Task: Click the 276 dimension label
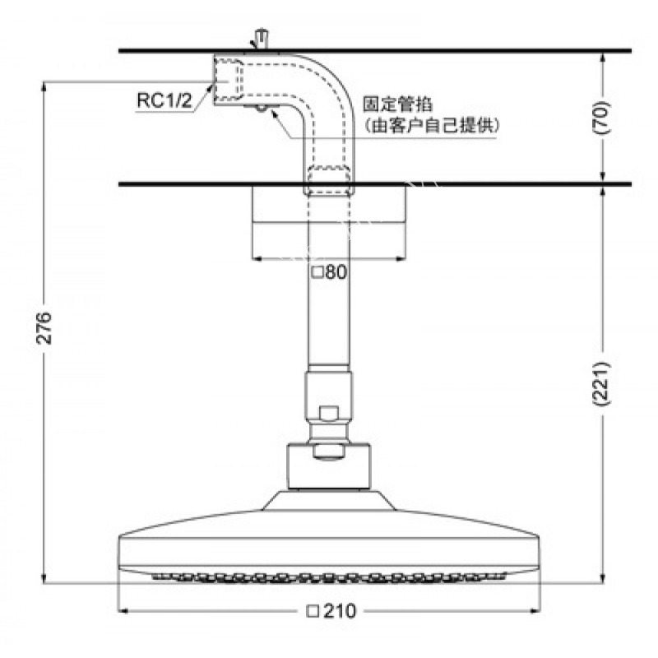pos(44,327)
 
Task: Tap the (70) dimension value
pos(601,117)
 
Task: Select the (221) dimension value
pos(601,383)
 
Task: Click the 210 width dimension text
pos(340,611)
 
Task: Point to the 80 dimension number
pos(336,272)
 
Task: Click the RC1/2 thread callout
pos(164,100)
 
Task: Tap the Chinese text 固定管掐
pos(397,104)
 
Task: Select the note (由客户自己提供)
pos(431,125)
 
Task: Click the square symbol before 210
pos(313,611)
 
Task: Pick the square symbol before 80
pos(317,273)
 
